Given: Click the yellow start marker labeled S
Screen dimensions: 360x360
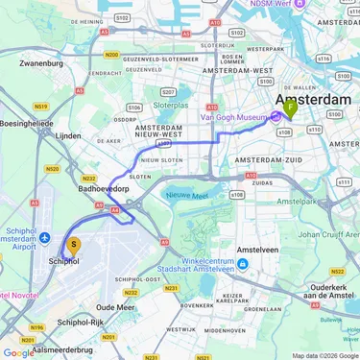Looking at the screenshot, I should tap(74, 246).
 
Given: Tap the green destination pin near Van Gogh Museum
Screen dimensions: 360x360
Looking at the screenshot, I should tap(291, 109).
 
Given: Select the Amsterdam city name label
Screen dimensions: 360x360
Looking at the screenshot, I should tap(314, 99).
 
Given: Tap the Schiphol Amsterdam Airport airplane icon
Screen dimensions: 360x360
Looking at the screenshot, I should tap(44, 237).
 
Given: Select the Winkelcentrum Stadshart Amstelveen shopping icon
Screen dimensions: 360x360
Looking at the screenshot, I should tap(242, 264).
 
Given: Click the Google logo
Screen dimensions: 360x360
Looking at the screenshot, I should tap(18, 352).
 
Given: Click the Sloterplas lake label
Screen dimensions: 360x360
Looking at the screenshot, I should tap(170, 104).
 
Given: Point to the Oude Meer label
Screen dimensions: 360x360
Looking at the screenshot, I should tap(115, 306).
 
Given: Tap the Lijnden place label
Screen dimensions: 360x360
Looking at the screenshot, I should tap(68, 136).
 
